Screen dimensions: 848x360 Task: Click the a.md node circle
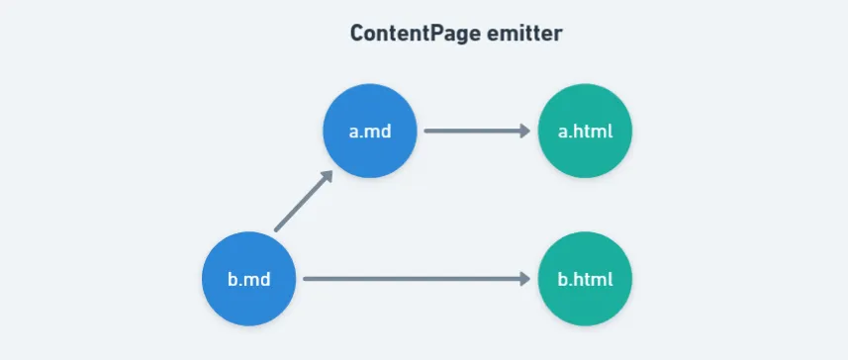click(x=370, y=131)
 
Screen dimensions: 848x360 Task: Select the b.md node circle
click(x=248, y=279)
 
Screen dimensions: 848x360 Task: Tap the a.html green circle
click(x=585, y=131)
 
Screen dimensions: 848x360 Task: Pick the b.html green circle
click(x=585, y=279)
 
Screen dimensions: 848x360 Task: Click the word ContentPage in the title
click(x=416, y=34)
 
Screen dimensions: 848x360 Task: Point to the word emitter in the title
click(x=524, y=34)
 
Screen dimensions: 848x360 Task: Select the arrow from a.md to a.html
click(x=477, y=131)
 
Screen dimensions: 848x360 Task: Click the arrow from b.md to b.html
click(x=417, y=279)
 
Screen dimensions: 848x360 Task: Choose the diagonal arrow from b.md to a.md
click(x=304, y=201)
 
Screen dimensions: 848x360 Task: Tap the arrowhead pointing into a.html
click(x=525, y=131)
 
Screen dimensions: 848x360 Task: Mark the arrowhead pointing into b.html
click(x=525, y=279)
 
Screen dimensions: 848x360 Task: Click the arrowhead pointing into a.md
click(x=327, y=177)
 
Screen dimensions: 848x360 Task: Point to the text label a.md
click(x=370, y=132)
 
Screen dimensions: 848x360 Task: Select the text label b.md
click(x=248, y=280)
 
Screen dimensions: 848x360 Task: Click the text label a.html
click(x=585, y=132)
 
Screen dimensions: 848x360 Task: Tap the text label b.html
click(x=585, y=280)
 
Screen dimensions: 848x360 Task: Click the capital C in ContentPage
click(x=356, y=34)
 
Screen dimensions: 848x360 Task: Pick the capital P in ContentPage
click(x=434, y=34)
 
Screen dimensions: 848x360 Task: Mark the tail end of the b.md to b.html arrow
click(x=305, y=279)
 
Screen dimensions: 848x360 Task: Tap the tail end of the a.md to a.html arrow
click(x=426, y=131)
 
